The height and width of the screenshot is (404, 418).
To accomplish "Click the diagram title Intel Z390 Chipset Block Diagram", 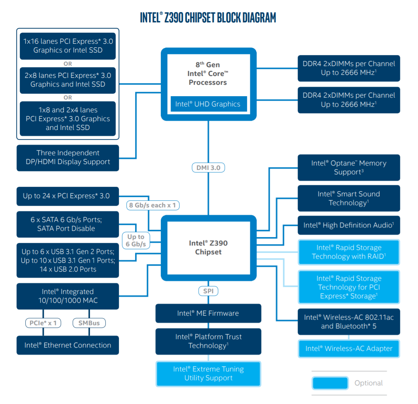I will [208, 18].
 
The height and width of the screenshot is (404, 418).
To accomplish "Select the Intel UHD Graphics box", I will [208, 104].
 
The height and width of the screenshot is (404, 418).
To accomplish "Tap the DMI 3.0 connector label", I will [208, 168].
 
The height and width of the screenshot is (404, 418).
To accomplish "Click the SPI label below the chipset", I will [208, 291].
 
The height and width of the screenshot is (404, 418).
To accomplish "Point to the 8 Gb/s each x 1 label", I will [153, 205].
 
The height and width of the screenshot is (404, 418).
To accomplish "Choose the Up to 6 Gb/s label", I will [136, 240].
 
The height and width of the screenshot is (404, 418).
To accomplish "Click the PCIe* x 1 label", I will [43, 323].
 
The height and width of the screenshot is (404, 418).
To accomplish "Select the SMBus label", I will [89, 323].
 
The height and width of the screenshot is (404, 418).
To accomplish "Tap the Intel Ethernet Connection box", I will [68, 345].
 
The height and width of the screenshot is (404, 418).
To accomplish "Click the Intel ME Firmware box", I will [208, 313].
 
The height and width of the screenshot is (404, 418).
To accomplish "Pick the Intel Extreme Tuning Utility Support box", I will [208, 374].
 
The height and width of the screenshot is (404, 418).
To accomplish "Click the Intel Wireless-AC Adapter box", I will [349, 349].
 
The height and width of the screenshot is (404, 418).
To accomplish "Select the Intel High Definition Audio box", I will [349, 225].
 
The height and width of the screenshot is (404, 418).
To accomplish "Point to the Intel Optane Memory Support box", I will [349, 168].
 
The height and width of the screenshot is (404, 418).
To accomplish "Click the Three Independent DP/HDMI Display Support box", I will [68, 158].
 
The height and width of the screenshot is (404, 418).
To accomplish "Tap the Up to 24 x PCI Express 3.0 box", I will [68, 196].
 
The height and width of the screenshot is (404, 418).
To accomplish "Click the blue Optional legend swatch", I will [330, 383].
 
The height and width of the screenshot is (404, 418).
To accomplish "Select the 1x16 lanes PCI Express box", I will [68, 46].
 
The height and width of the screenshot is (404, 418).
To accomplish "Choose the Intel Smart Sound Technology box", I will [349, 198].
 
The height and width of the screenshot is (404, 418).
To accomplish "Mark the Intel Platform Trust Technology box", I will [208, 341].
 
